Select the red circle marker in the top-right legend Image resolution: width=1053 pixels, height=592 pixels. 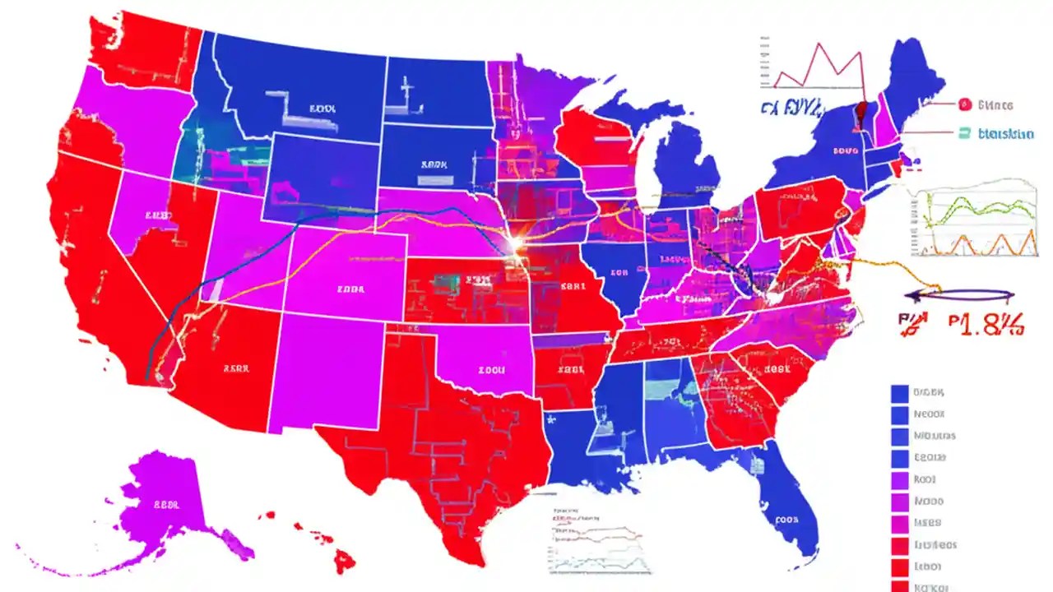pos(965,104)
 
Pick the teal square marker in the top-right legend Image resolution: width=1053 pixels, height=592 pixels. pos(965,132)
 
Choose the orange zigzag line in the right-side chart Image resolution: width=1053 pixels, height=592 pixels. pos(979,243)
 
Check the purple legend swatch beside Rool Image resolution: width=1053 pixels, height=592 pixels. pos(899,479)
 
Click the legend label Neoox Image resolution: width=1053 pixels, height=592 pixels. pos(929,415)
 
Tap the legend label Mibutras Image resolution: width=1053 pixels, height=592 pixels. pos(935,437)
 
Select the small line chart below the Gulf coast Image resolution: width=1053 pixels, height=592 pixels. pos(596,539)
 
